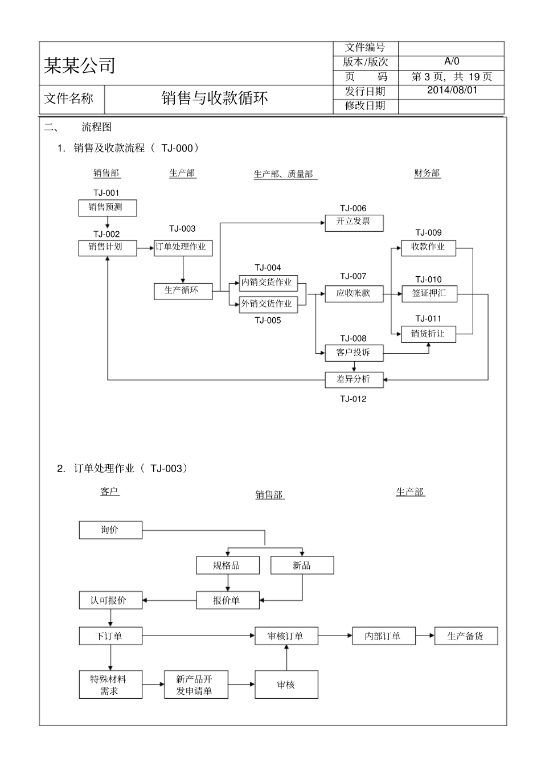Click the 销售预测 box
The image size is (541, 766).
[108, 207]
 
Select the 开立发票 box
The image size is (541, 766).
[354, 223]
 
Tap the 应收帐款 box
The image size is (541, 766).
[354, 294]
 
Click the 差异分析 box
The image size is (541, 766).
[354, 380]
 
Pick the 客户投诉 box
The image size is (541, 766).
[354, 353]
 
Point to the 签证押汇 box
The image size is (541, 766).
[429, 294]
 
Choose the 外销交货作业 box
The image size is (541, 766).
[268, 304]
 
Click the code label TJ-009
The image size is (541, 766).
[428, 232]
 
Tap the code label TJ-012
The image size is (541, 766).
[353, 399]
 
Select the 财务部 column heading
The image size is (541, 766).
[427, 173]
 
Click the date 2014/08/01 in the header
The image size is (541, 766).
[452, 90]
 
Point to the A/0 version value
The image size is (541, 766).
[452, 62]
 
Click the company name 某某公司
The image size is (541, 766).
[80, 65]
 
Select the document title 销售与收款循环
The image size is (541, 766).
[215, 99]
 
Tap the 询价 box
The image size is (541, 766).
[110, 530]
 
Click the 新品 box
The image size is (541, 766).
[302, 566]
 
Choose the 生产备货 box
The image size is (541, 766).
[466, 636]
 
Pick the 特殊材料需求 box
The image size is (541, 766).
[110, 685]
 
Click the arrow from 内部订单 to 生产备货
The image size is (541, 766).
[425, 636]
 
